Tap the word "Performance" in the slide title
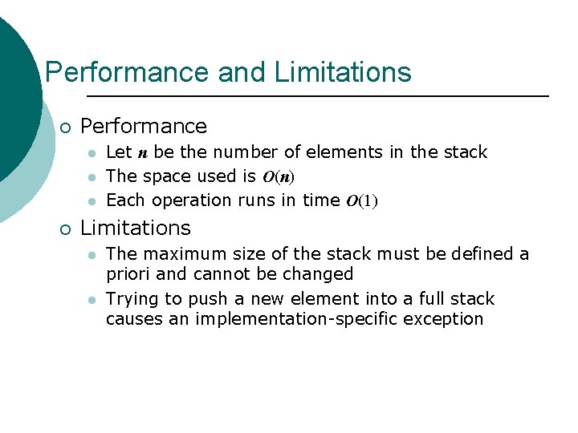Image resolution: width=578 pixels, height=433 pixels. (128, 72)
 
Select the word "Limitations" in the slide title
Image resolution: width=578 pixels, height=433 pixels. (342, 72)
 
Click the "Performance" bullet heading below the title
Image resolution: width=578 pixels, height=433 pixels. (144, 126)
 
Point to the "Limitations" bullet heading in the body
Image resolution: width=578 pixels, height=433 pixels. (136, 229)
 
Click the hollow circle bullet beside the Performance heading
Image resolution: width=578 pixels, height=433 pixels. (65, 127)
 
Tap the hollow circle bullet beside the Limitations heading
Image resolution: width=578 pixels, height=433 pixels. (65, 229)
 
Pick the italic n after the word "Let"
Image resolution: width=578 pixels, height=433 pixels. (142, 153)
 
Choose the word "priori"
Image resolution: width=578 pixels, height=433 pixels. (128, 274)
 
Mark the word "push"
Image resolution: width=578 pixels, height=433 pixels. (206, 299)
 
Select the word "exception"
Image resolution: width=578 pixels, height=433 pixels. (446, 319)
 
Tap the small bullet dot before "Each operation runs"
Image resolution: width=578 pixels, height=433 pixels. (92, 201)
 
